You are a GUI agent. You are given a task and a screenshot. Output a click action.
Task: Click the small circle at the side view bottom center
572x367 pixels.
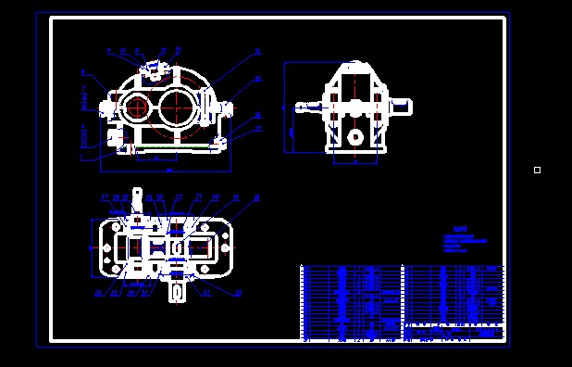[354, 137]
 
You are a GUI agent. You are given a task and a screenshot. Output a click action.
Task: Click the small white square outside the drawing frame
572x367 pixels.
[537, 170]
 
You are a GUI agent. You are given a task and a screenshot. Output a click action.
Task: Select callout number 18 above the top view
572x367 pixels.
[256, 197]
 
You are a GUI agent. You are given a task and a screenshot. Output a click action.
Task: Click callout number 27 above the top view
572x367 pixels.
[105, 197]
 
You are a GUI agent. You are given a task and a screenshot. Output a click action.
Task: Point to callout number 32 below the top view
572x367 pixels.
[238, 293]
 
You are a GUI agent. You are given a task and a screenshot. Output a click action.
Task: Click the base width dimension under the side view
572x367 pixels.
[354, 160]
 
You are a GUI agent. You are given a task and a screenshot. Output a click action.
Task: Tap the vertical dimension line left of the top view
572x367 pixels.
[91, 247]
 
